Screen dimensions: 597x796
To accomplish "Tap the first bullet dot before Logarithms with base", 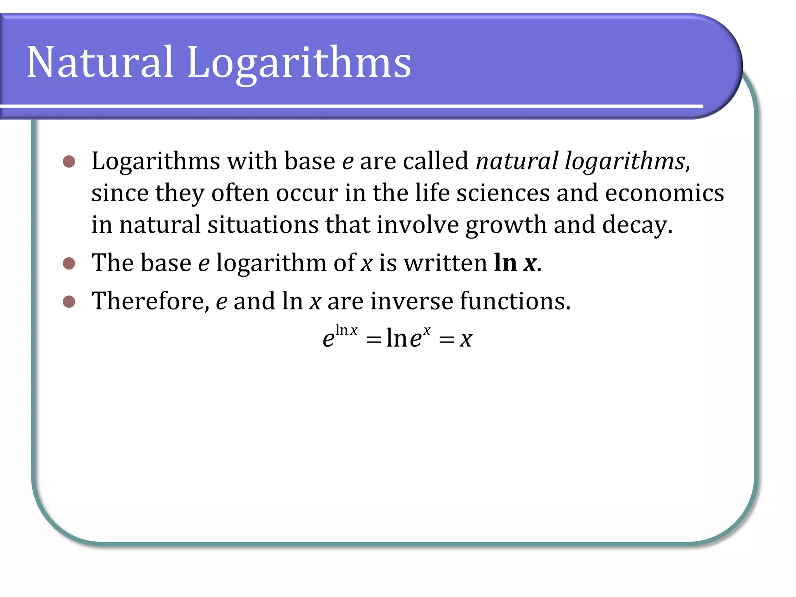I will (x=69, y=161).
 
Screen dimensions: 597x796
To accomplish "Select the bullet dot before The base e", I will (x=69, y=264).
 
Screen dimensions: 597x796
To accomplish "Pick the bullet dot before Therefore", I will (x=69, y=302).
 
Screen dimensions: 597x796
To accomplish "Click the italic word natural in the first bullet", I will (x=517, y=161).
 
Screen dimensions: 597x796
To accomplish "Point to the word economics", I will (x=664, y=193).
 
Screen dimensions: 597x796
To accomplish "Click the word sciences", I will (x=503, y=193).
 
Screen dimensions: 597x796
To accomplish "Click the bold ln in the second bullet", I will (x=505, y=263).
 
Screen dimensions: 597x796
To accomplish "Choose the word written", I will (x=445, y=263).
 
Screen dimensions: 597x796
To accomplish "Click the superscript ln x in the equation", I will (x=346, y=330).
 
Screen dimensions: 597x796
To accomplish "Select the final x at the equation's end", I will (x=466, y=339).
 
